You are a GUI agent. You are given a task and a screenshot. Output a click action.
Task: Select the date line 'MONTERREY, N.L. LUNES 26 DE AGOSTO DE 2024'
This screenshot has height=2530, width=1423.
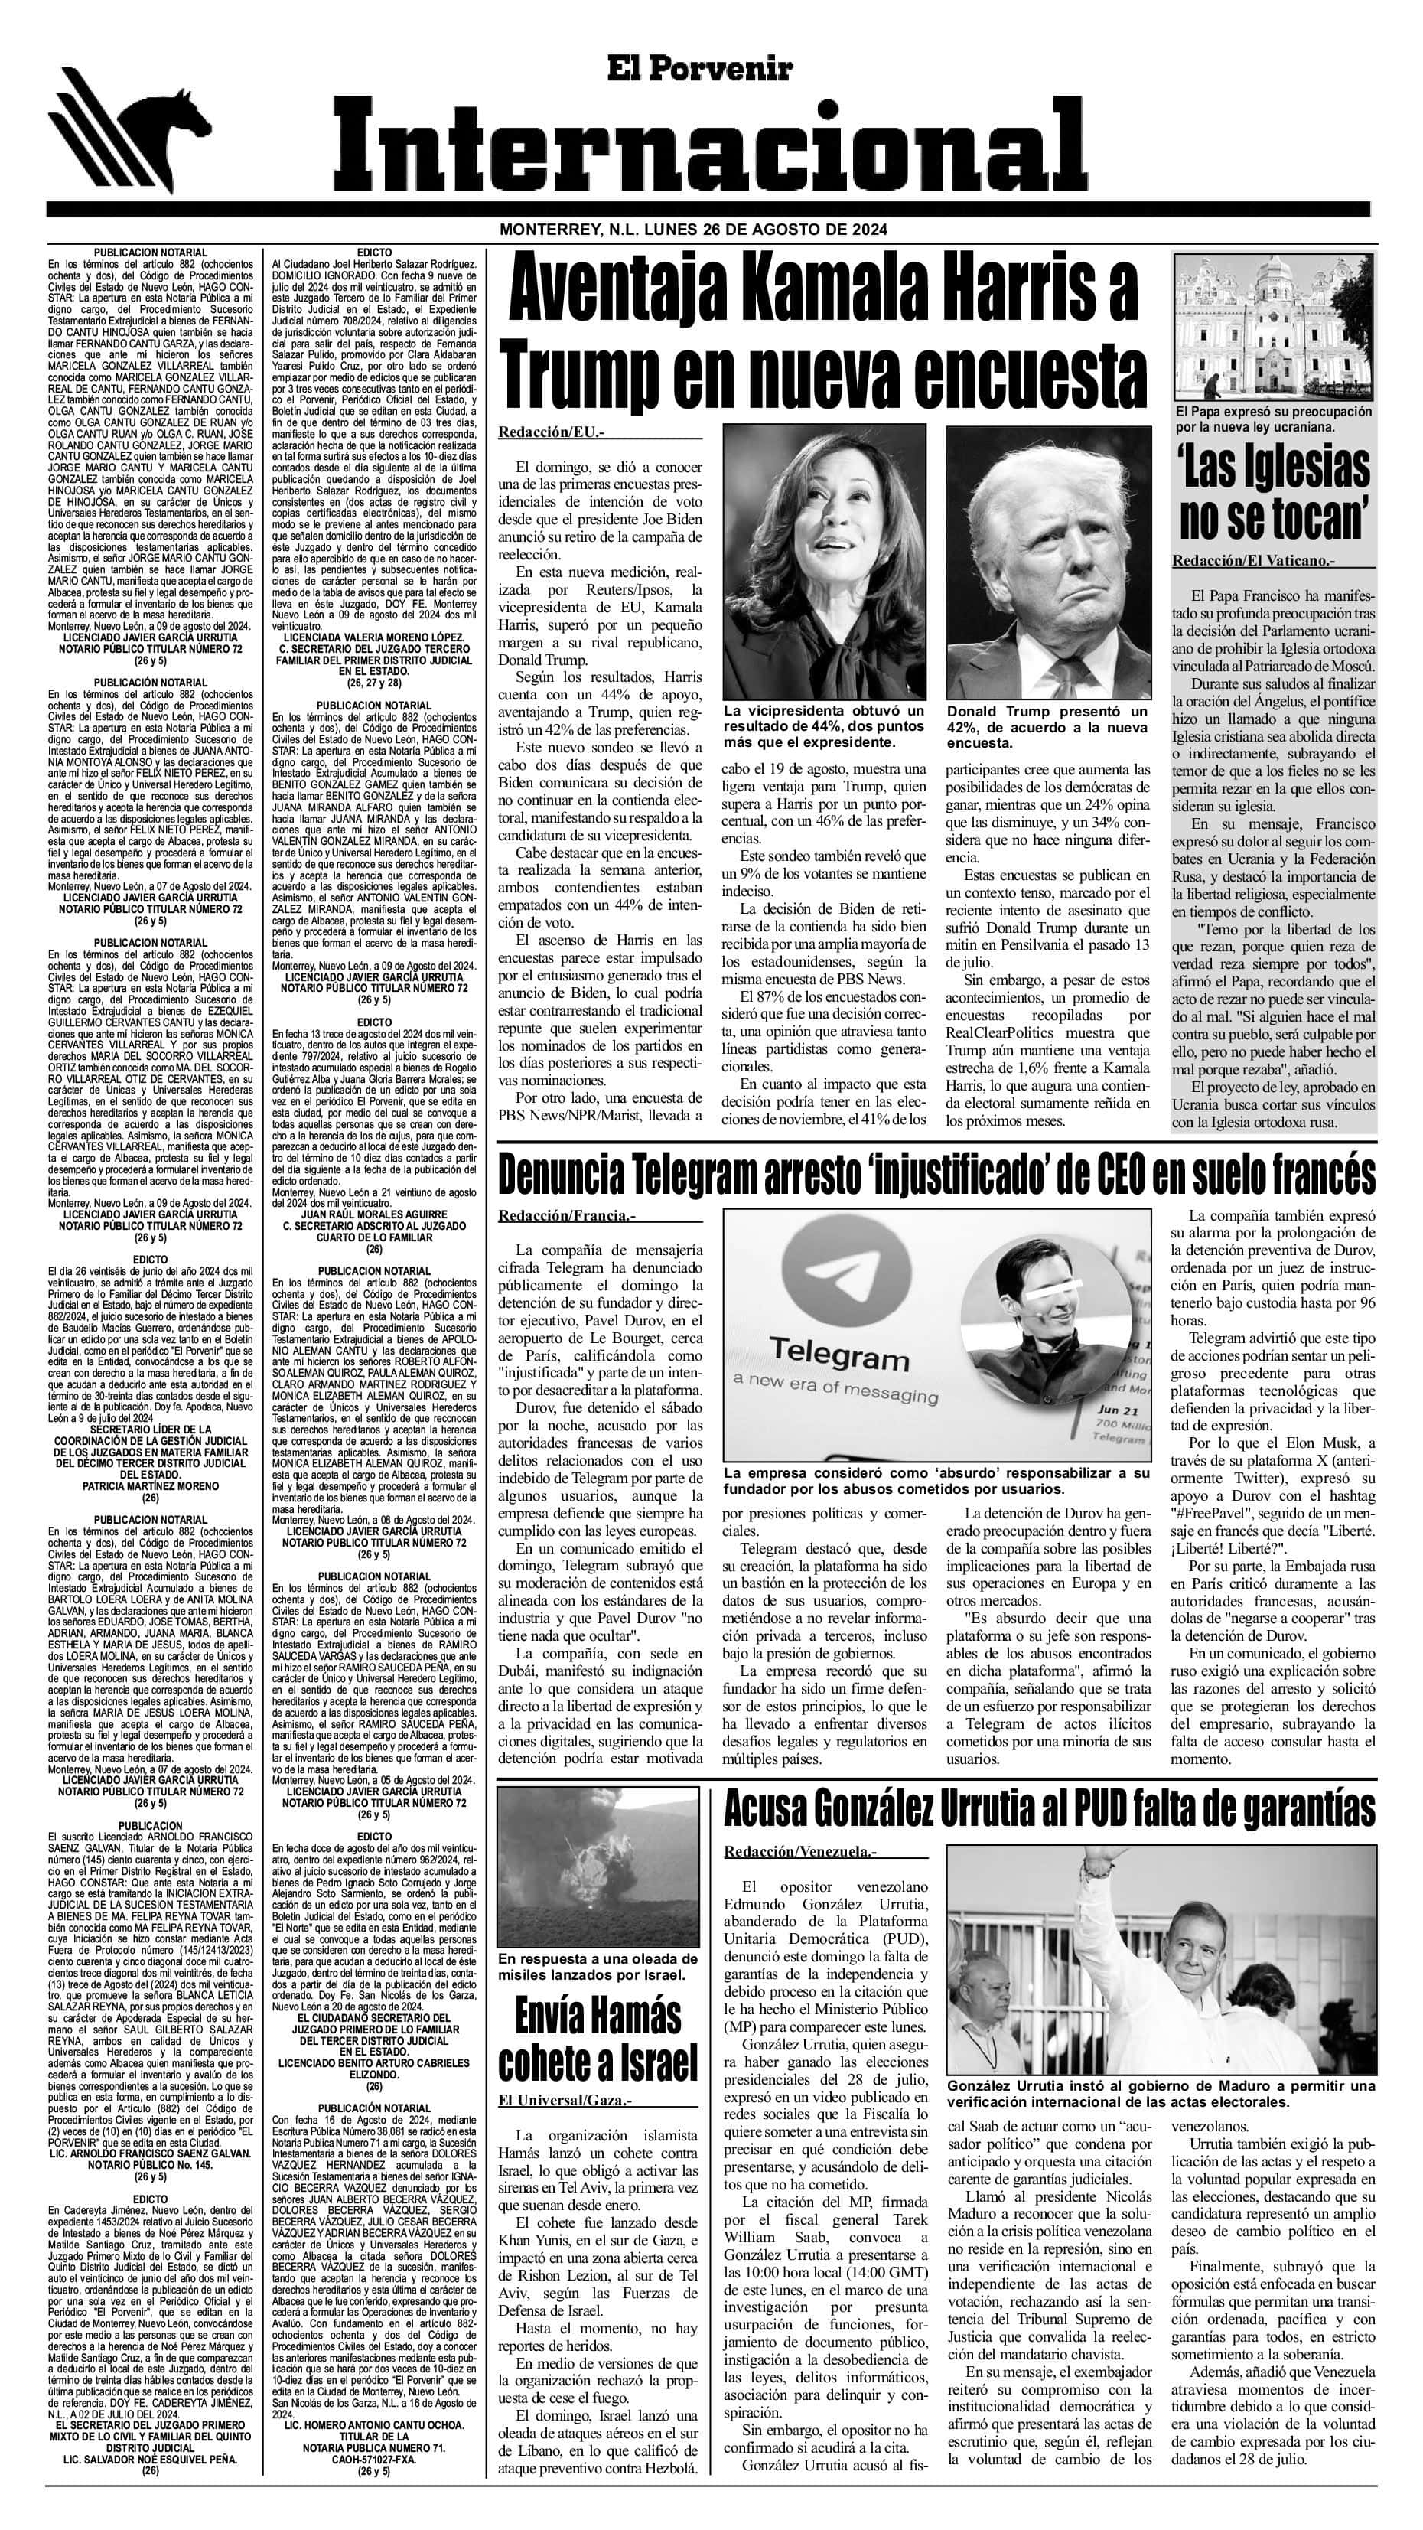pyautogui.click(x=693, y=229)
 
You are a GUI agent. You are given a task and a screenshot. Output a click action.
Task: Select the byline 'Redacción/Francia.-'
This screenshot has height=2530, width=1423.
pyautogui.click(x=567, y=1215)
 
